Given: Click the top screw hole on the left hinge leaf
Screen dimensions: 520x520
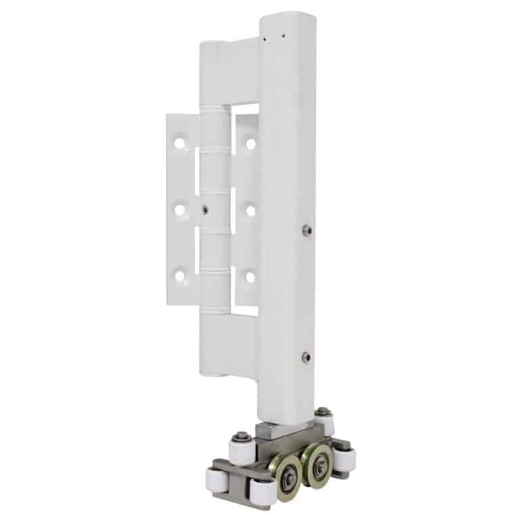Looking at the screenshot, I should coord(179,144).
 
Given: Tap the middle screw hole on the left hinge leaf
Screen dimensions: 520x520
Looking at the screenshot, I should coord(179,211).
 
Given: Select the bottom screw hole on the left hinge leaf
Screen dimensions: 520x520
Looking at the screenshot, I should coord(179,276).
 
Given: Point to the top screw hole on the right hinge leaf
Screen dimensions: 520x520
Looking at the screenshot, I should coord(251,144).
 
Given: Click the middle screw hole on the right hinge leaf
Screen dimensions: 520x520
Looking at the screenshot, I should coord(251,211).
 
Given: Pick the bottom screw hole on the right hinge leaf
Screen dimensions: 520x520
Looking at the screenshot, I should coord(251,276).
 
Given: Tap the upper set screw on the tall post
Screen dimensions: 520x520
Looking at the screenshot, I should coord(307,230).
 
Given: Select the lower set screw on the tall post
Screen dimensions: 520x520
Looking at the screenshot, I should coord(306,356).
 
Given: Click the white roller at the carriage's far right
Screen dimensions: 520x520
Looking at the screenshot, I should coord(347,460).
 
